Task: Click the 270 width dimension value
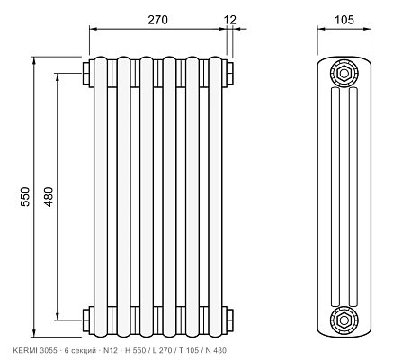tap(158, 20)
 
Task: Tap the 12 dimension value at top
tap(230, 20)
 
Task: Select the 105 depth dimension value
tap(344, 20)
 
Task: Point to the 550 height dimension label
tap(25, 196)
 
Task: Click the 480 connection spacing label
tap(49, 196)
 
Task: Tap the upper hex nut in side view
tap(344, 73)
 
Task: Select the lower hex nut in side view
tap(344, 320)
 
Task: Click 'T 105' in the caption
tap(189, 350)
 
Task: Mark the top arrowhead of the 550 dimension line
tap(34, 60)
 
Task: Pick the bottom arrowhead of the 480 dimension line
tap(58, 316)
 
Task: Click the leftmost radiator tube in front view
tap(101, 197)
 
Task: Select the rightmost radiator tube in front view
tap(216, 197)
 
